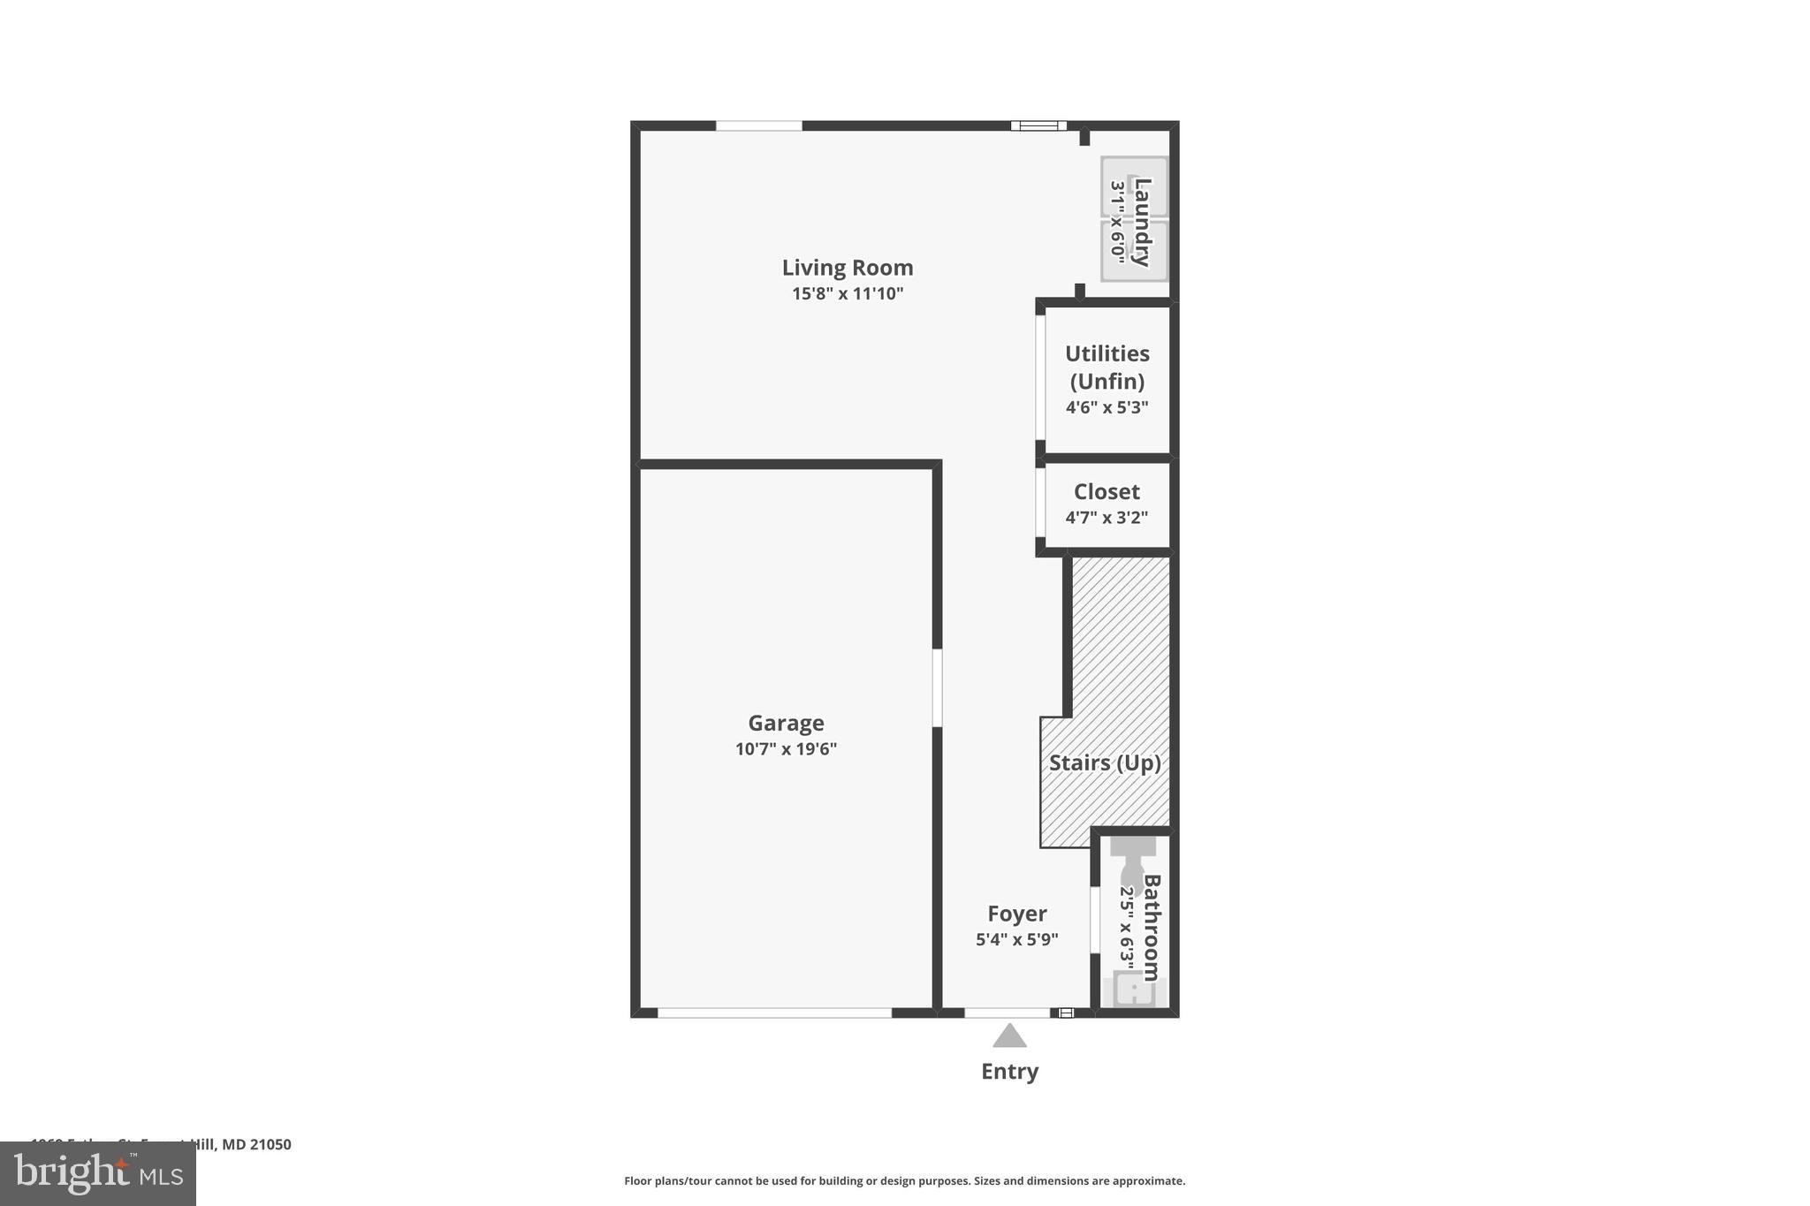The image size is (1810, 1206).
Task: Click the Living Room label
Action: click(x=847, y=268)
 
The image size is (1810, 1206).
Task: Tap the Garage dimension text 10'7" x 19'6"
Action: click(x=786, y=749)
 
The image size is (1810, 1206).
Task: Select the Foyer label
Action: click(x=1016, y=914)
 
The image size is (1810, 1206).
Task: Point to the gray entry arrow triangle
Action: click(x=1009, y=1036)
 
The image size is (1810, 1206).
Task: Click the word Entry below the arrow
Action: click(x=1009, y=1072)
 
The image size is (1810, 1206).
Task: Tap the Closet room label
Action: click(x=1107, y=492)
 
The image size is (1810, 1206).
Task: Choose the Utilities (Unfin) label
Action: click(x=1107, y=367)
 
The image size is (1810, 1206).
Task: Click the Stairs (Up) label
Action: click(x=1105, y=762)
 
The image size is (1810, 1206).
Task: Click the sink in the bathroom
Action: click(x=1133, y=990)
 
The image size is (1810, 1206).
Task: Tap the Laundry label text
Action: click(x=1143, y=222)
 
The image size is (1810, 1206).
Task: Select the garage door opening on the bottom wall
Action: click(x=774, y=1013)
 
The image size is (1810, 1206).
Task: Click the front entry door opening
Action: click(x=1007, y=1013)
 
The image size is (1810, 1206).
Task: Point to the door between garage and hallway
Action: click(x=937, y=688)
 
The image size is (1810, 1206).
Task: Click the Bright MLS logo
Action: click(x=98, y=1173)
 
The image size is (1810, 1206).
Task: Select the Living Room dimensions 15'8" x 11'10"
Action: click(x=847, y=294)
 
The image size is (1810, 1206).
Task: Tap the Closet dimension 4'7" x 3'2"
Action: click(x=1107, y=518)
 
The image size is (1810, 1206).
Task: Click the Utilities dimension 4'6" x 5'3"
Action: click(x=1107, y=407)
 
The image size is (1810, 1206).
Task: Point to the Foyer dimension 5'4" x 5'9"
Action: click(x=1016, y=939)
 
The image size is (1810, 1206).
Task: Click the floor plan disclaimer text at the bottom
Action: click(x=904, y=1181)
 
